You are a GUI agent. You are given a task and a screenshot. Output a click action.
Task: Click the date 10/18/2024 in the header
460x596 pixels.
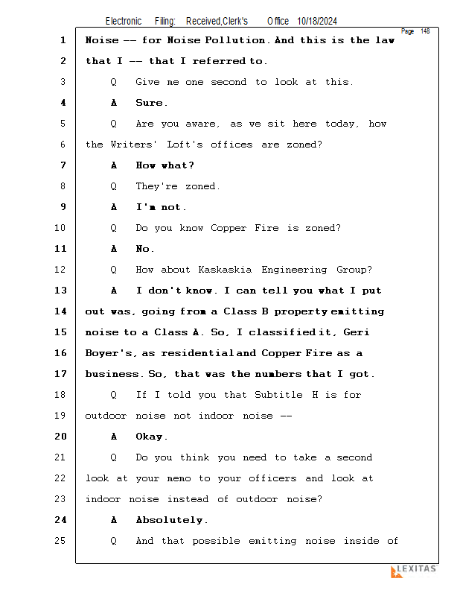(317, 21)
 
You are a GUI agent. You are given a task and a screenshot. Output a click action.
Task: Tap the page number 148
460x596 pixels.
(425, 31)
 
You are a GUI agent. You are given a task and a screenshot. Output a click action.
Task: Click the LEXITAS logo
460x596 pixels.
(414, 571)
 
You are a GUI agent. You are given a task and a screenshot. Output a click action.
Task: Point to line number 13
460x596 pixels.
(60, 291)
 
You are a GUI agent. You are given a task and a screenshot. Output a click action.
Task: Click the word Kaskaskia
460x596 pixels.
(225, 270)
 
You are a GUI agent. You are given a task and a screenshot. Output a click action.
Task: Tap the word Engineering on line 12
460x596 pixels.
(294, 270)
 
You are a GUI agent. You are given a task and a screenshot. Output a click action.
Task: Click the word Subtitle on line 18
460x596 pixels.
(278, 395)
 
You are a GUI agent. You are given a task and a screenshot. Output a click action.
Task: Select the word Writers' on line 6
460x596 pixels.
(134, 145)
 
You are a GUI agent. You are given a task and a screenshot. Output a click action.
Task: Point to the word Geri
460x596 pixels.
(356, 332)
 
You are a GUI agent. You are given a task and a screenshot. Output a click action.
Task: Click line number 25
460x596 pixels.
(60, 541)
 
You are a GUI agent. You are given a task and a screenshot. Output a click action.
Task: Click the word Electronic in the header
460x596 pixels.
(124, 21)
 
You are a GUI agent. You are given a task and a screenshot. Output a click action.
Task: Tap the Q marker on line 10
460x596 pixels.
(114, 228)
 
